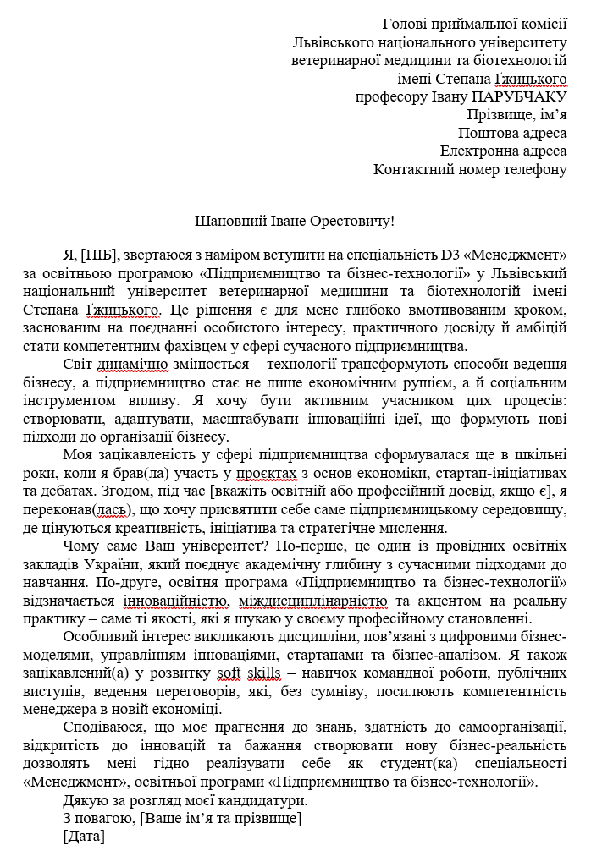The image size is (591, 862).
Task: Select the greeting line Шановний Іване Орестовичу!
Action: (295, 222)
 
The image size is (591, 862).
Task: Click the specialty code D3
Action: (450, 254)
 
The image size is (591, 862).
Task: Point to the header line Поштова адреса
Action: (512, 133)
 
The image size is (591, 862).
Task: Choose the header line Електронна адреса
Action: (503, 151)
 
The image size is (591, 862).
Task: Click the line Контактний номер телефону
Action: (470, 169)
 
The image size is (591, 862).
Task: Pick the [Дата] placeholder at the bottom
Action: (84, 837)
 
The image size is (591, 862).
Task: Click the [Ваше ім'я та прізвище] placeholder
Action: (221, 818)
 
